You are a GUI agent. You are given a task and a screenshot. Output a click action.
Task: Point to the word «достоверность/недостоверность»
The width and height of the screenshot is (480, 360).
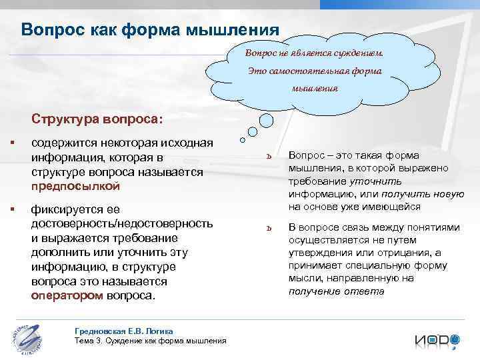(122, 224)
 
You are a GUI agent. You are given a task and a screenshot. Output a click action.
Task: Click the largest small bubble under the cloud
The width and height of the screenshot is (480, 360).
(265, 121)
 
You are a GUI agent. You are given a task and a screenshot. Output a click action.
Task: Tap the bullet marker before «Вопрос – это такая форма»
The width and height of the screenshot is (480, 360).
(267, 158)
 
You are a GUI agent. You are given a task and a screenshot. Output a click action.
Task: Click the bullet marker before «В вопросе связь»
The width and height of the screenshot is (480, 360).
(267, 228)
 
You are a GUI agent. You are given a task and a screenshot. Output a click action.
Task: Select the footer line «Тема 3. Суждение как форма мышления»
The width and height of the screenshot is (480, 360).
(151, 341)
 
